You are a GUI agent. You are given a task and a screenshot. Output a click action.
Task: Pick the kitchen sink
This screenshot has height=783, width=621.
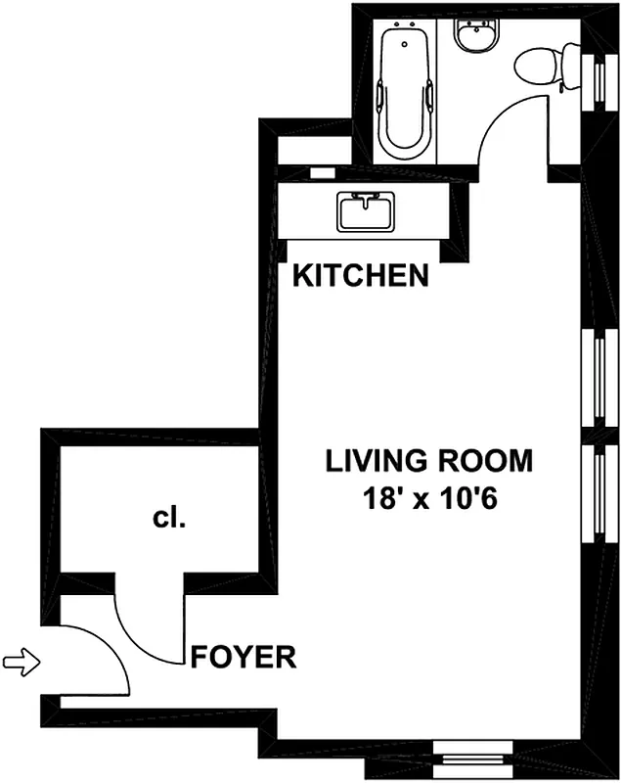point(365,211)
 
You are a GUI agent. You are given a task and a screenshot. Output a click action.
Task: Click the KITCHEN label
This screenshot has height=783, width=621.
point(362,277)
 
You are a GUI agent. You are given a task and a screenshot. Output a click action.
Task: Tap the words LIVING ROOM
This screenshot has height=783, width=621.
point(429,460)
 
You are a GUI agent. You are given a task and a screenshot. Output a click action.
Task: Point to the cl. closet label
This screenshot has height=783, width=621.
point(169,519)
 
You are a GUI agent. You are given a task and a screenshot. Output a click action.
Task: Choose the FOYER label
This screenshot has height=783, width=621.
point(244,657)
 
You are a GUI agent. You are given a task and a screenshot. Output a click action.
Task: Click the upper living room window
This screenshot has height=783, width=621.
point(596,377)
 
